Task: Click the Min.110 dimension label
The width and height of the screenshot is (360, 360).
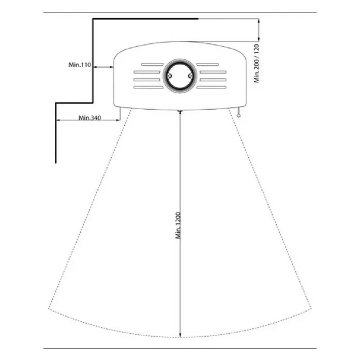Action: [x=80, y=65]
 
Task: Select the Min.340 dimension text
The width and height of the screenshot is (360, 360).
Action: [x=90, y=118]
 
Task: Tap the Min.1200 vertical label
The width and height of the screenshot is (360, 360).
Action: [x=178, y=226]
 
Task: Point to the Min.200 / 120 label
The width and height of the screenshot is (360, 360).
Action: [x=257, y=64]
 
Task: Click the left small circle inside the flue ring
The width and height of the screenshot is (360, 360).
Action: [x=170, y=76]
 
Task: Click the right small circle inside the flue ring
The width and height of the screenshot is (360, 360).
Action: [x=190, y=76]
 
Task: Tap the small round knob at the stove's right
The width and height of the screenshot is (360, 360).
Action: [x=239, y=116]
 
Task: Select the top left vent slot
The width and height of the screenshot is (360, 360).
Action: [x=153, y=65]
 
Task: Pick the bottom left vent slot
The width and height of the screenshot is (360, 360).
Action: [x=148, y=87]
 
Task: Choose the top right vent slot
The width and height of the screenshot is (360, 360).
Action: [x=207, y=65]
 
